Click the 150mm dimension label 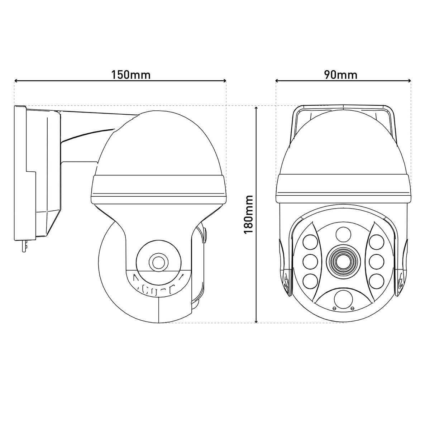(131, 75)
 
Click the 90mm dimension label (340, 75)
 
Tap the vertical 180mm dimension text (248, 214)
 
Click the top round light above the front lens (343, 235)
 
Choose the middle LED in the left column (310, 261)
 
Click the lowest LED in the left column (310, 281)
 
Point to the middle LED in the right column (376, 261)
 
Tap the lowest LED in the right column (376, 281)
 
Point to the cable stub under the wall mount (24, 246)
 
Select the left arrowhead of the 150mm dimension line (16, 81)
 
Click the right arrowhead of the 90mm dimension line (409, 81)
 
